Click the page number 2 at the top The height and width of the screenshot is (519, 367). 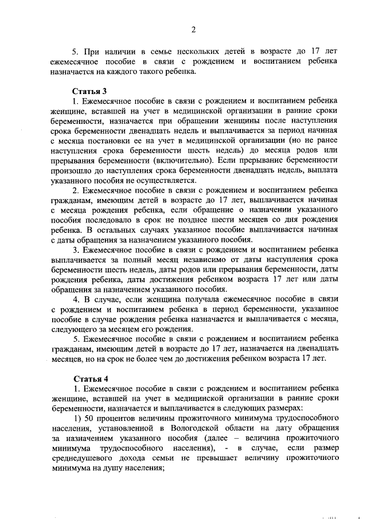click(x=193, y=30)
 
